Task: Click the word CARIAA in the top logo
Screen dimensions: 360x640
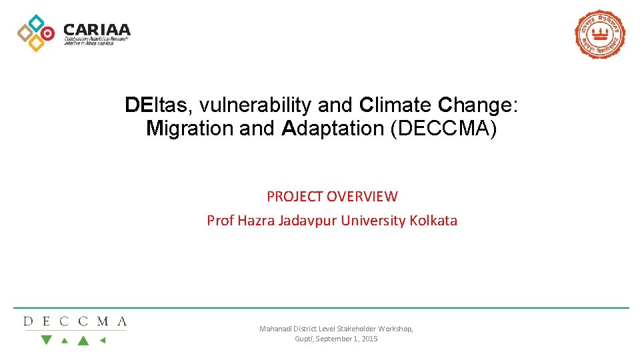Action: coord(97,30)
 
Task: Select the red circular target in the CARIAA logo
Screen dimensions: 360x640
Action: coord(47,33)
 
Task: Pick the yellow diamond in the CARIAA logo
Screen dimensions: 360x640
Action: coord(36,43)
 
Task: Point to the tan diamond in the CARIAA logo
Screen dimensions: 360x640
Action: coord(25,33)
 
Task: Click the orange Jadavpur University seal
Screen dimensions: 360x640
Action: coord(600,34)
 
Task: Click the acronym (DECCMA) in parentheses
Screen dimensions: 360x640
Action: coord(445,128)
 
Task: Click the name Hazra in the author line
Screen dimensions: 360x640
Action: coord(257,220)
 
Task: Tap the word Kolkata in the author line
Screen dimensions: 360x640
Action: coord(433,220)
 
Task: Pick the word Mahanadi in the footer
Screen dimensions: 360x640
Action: coord(275,329)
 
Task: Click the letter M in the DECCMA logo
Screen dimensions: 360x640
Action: coord(102,321)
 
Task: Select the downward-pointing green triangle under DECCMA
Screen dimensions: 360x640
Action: coord(46,340)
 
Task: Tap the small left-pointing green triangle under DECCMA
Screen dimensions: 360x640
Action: coord(102,340)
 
